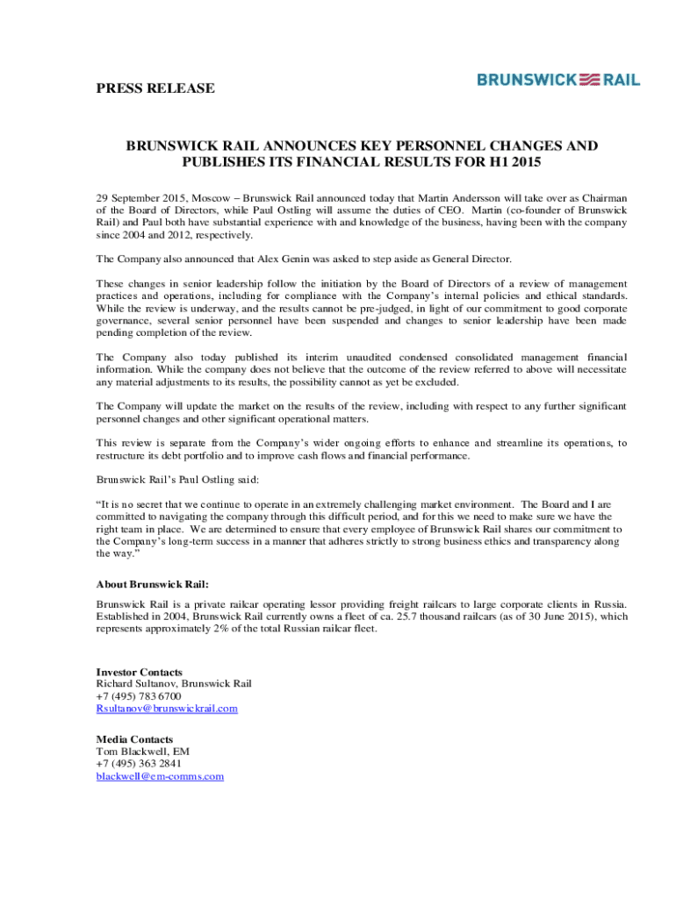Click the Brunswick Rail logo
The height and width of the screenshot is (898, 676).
click(x=558, y=80)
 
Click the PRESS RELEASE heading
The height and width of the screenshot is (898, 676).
click(x=155, y=89)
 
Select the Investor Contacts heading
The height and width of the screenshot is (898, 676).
click(x=139, y=673)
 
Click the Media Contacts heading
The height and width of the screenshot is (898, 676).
click(x=134, y=739)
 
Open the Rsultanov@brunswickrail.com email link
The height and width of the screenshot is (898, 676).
click(x=167, y=709)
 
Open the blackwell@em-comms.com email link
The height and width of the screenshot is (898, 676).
click(x=160, y=776)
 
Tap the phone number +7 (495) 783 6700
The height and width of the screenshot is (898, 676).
click(x=139, y=696)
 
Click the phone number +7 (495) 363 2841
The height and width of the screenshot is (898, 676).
click(x=139, y=764)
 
